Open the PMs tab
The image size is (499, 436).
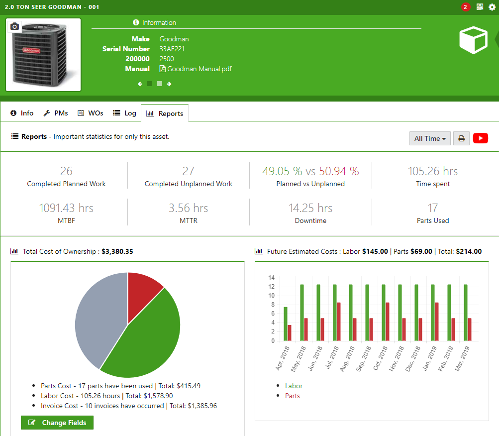tap(55, 113)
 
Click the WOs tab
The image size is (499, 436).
tap(90, 113)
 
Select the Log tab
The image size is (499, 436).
tap(124, 113)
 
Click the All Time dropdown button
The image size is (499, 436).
tap(430, 138)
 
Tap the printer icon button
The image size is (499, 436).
tap(462, 138)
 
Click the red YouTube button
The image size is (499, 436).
tap(481, 138)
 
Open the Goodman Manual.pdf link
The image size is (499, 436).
tap(196, 69)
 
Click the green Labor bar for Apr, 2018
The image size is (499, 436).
tap(286, 324)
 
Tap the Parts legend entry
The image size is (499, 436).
tap(293, 396)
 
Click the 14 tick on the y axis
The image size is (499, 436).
tap(271, 277)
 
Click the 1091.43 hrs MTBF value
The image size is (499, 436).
tap(66, 208)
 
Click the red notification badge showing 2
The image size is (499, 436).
tap(465, 7)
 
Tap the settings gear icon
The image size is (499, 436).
tap(492, 7)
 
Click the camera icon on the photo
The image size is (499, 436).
tap(15, 26)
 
